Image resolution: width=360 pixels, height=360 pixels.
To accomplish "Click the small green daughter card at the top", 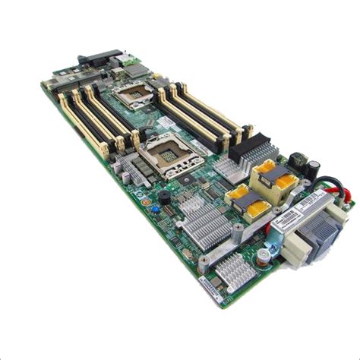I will coord(135,70).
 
